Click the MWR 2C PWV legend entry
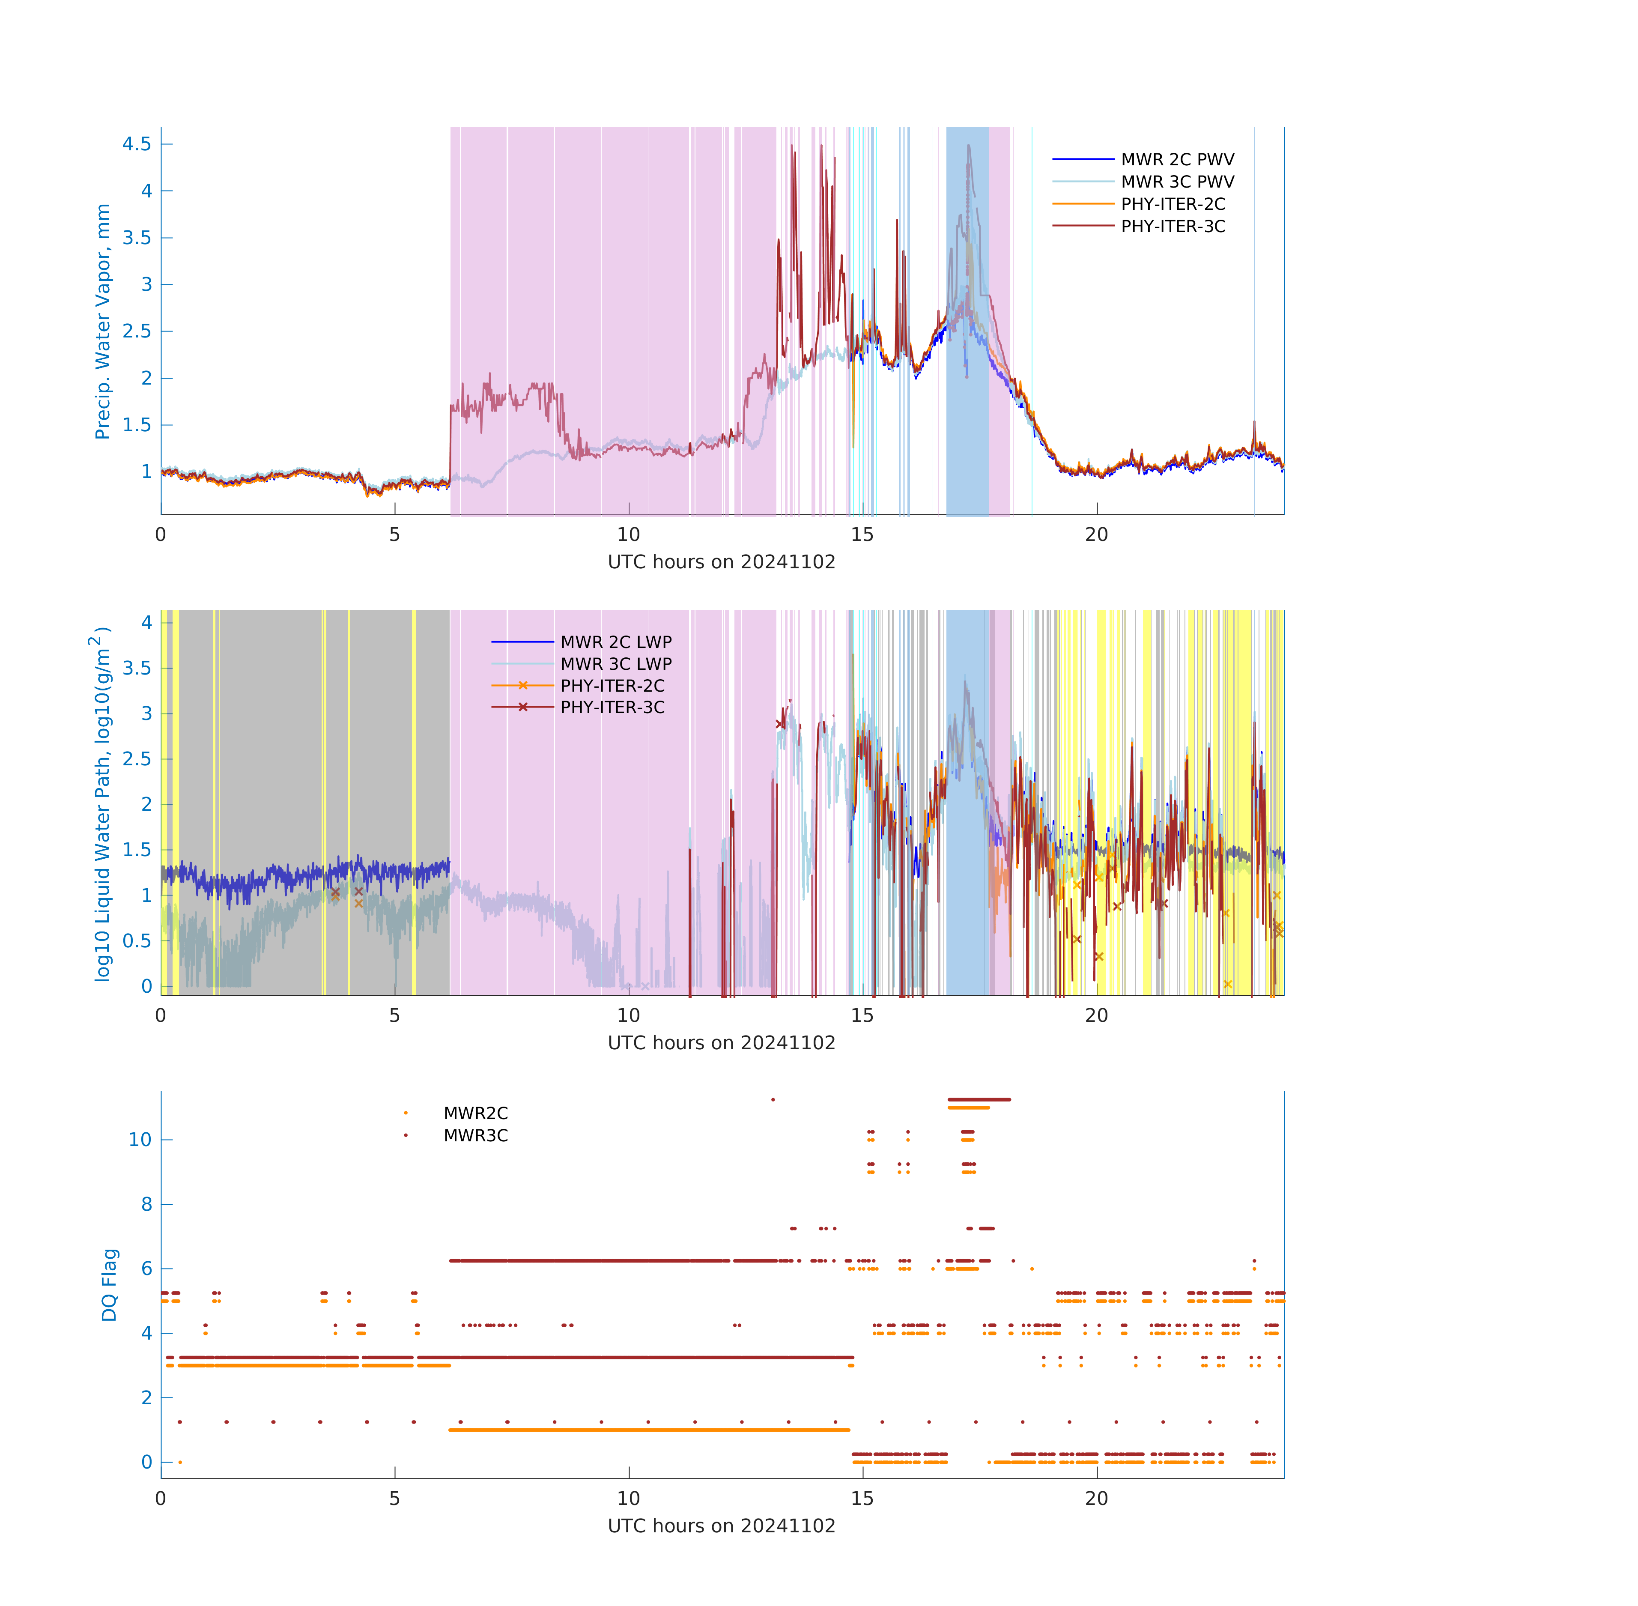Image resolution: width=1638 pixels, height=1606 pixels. (1177, 159)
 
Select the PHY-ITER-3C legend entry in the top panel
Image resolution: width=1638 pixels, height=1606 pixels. (1173, 226)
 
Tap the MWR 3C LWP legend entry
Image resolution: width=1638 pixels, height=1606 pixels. (616, 664)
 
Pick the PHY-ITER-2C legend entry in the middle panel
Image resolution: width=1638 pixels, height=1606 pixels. (612, 686)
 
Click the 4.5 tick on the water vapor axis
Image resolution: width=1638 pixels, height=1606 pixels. (137, 144)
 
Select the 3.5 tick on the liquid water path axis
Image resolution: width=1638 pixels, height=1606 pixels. (137, 668)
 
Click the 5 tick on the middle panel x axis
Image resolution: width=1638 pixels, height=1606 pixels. (395, 1015)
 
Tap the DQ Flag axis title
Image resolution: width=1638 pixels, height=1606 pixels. (109, 1285)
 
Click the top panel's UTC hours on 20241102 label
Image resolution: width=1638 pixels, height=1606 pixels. (721, 562)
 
